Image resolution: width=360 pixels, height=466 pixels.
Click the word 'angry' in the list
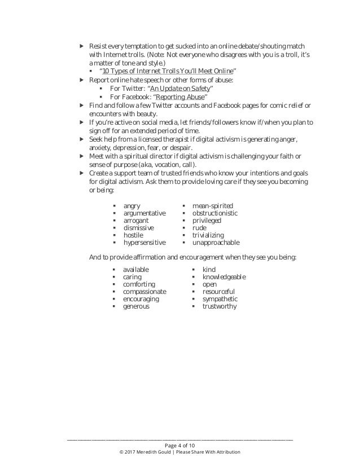[132, 206]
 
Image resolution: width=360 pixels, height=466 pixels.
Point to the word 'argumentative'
[144, 213]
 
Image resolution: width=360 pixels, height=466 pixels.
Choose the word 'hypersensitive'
[144, 243]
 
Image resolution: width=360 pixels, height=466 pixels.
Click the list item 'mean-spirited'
[212, 206]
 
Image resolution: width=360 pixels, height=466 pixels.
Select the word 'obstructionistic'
[215, 213]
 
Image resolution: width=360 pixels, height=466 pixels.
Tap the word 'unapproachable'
[216, 243]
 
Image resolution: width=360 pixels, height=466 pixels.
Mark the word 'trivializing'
[208, 235]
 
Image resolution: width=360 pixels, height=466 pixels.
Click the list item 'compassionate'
[144, 292]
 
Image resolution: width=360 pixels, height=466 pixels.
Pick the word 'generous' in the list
[137, 306]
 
